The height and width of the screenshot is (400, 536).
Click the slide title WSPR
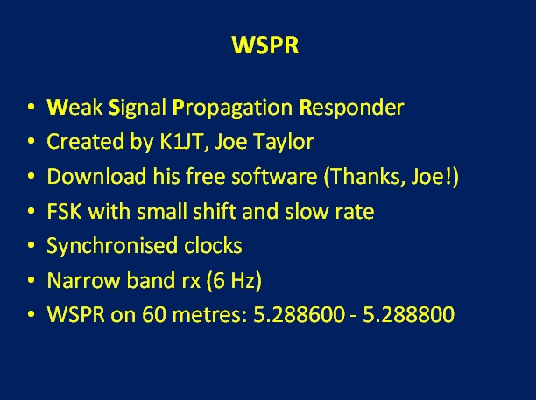click(x=265, y=45)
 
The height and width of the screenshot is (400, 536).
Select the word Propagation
click(x=232, y=109)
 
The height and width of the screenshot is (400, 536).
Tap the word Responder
click(x=352, y=109)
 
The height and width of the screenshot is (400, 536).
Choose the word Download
click(x=96, y=176)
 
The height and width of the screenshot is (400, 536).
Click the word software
click(x=274, y=176)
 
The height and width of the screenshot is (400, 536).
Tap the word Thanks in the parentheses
click(x=365, y=177)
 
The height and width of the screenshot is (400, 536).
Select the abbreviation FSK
click(x=64, y=211)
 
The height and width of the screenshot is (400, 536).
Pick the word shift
click(x=215, y=211)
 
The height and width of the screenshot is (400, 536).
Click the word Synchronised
click(x=112, y=246)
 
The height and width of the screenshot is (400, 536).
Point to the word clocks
click(x=213, y=245)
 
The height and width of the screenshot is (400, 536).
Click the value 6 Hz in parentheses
click(x=234, y=281)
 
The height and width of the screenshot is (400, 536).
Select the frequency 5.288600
click(x=300, y=314)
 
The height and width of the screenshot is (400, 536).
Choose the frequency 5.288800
click(x=408, y=314)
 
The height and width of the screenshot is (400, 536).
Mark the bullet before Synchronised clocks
click(x=32, y=245)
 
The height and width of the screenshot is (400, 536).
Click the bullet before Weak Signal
click(x=32, y=107)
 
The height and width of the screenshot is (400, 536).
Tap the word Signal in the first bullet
click(x=138, y=109)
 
